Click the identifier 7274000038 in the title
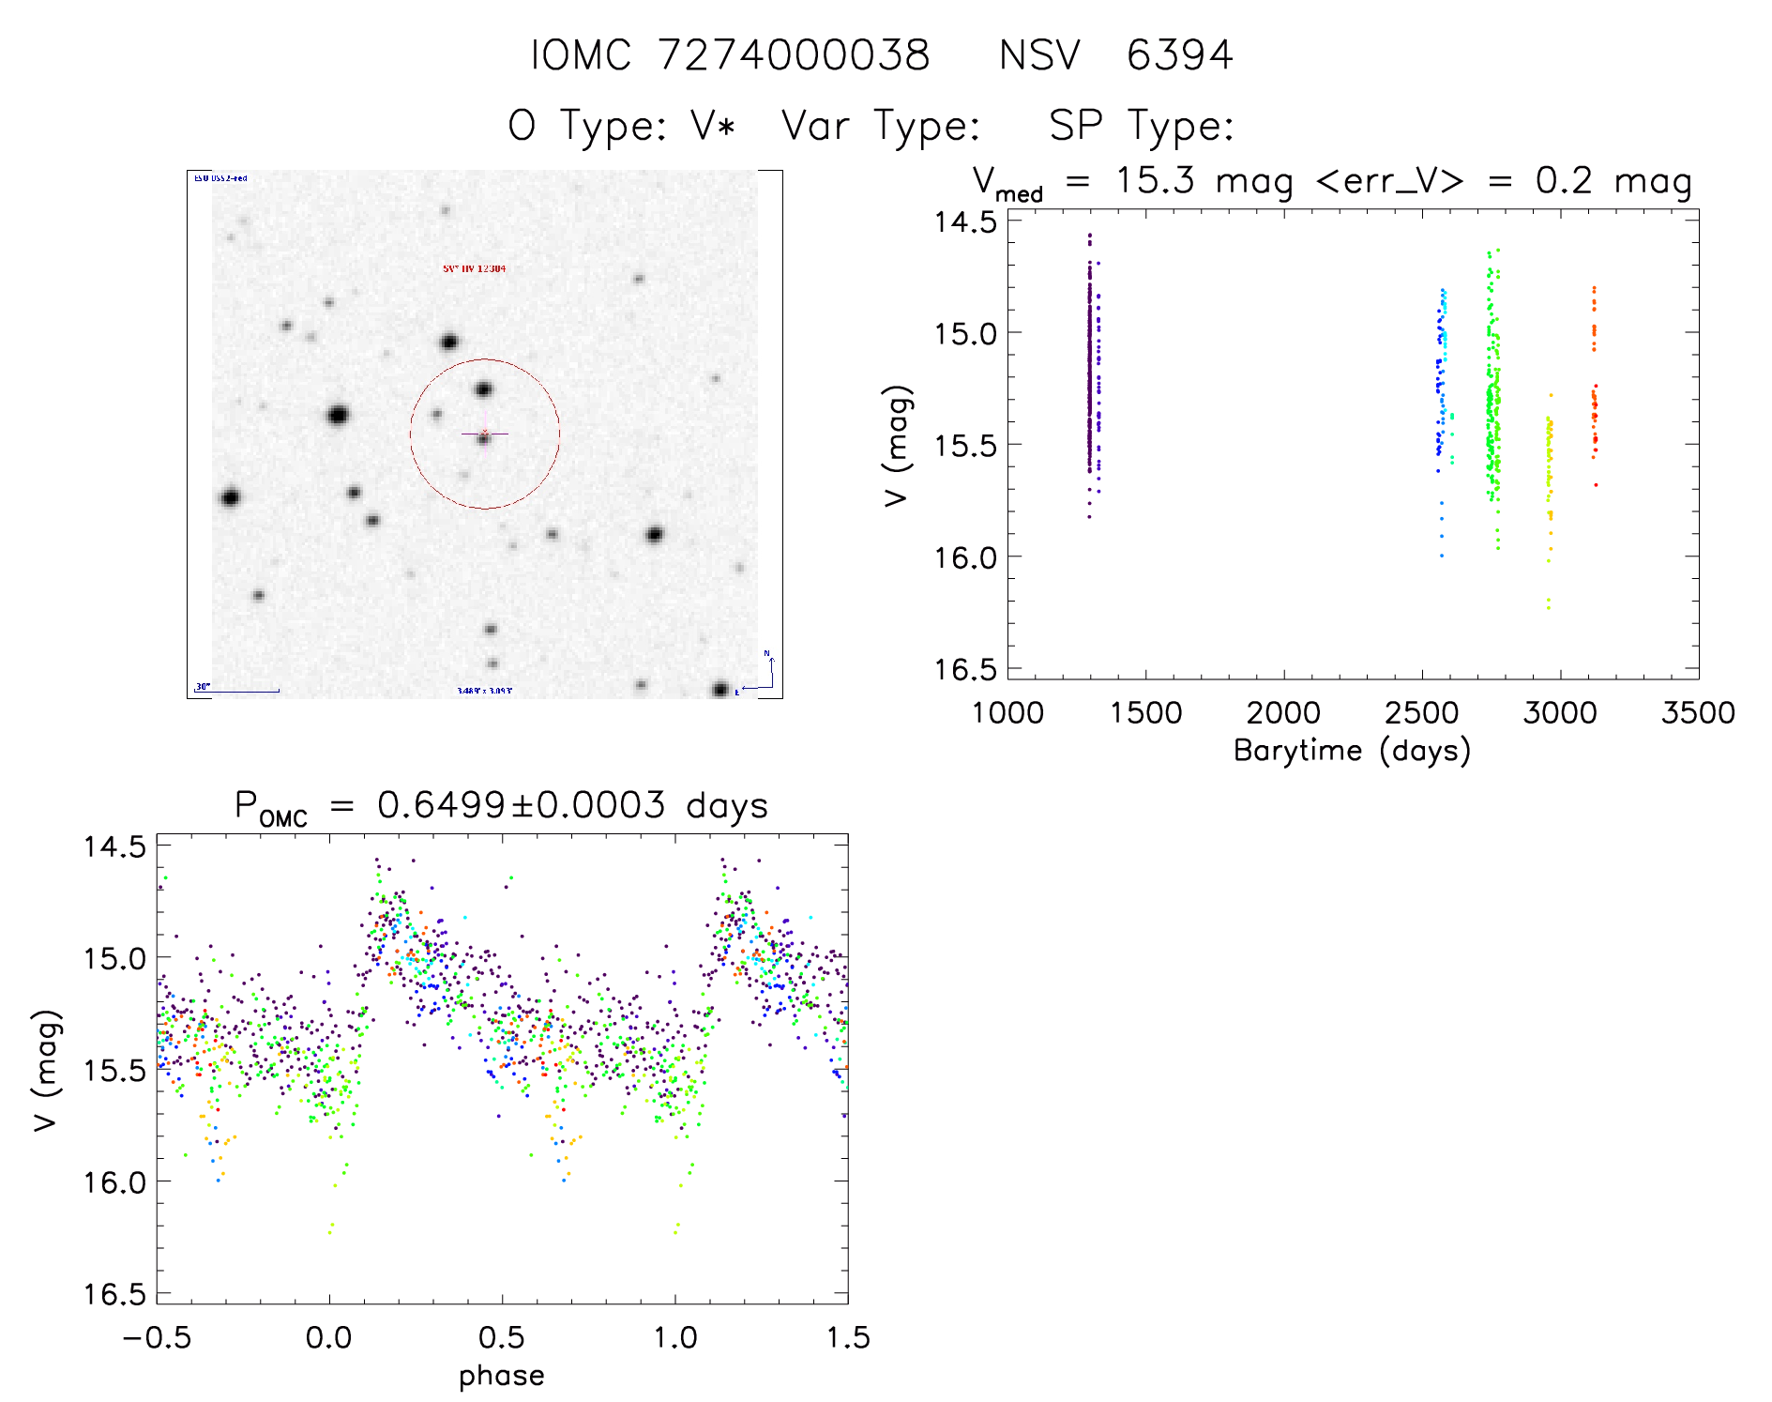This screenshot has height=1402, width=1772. coord(793,55)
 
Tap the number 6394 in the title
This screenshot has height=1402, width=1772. coord(1179,55)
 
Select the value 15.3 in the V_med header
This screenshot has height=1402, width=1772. coord(1155,180)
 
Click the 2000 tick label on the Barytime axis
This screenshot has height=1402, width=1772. coord(1282,713)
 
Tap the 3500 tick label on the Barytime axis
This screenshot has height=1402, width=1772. coord(1697,713)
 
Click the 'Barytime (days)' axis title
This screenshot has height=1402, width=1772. coord(1352,751)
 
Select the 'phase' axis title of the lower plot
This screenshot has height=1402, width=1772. coord(501,1376)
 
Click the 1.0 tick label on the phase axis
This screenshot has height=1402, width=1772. coord(674,1337)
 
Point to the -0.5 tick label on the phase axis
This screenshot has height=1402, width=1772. coord(157,1337)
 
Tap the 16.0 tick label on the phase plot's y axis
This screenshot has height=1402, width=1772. coord(114,1182)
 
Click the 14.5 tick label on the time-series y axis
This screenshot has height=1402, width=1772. coord(965,221)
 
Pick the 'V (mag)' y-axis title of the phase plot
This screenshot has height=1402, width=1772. coord(46,1071)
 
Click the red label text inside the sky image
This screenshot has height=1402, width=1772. coord(474,268)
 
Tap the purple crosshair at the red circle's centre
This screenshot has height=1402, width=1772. coord(485,434)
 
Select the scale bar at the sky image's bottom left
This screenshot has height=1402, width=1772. coord(236,691)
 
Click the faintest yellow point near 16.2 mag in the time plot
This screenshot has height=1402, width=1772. coord(1548,608)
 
